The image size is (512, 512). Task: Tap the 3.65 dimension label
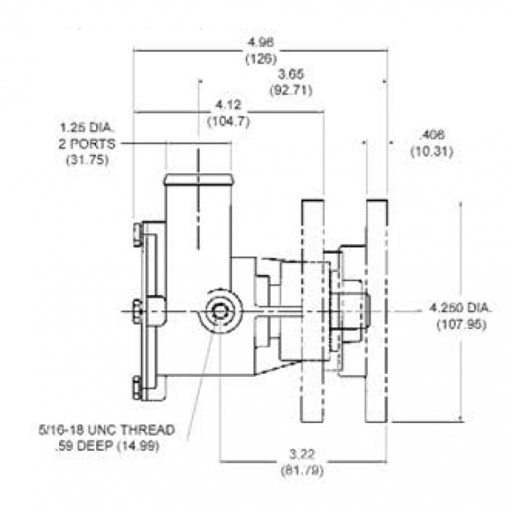[291, 74]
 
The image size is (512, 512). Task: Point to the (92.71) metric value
[291, 90]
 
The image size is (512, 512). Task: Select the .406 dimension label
[433, 135]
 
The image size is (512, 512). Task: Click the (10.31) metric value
[433, 151]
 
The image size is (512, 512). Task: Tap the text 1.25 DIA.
[86, 128]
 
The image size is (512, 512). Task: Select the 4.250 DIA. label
[461, 308]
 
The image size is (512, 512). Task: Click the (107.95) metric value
[461, 324]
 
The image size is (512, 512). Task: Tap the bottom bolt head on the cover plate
[137, 388]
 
